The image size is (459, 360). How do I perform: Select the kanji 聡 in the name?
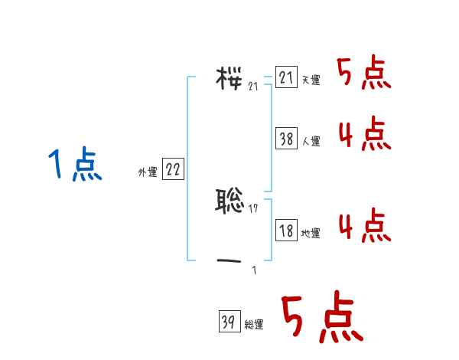[x=229, y=201]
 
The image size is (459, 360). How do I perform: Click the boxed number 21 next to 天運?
[x=286, y=78]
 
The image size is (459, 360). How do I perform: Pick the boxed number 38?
[x=286, y=139]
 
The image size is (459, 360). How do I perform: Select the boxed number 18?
[x=286, y=231]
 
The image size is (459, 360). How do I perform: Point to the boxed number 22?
[x=173, y=170]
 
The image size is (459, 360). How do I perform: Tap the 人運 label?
[x=311, y=141]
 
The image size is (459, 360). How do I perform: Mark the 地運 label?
[x=311, y=233]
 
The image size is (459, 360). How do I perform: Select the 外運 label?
[x=148, y=172]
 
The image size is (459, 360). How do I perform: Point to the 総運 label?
[x=254, y=325]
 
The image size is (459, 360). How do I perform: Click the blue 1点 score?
[x=75, y=165]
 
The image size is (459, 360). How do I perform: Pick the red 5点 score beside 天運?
[x=363, y=74]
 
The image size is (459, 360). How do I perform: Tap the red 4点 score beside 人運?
[x=363, y=135]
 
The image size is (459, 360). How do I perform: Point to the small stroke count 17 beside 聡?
[x=253, y=208]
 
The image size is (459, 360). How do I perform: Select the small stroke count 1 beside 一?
[x=254, y=270]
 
